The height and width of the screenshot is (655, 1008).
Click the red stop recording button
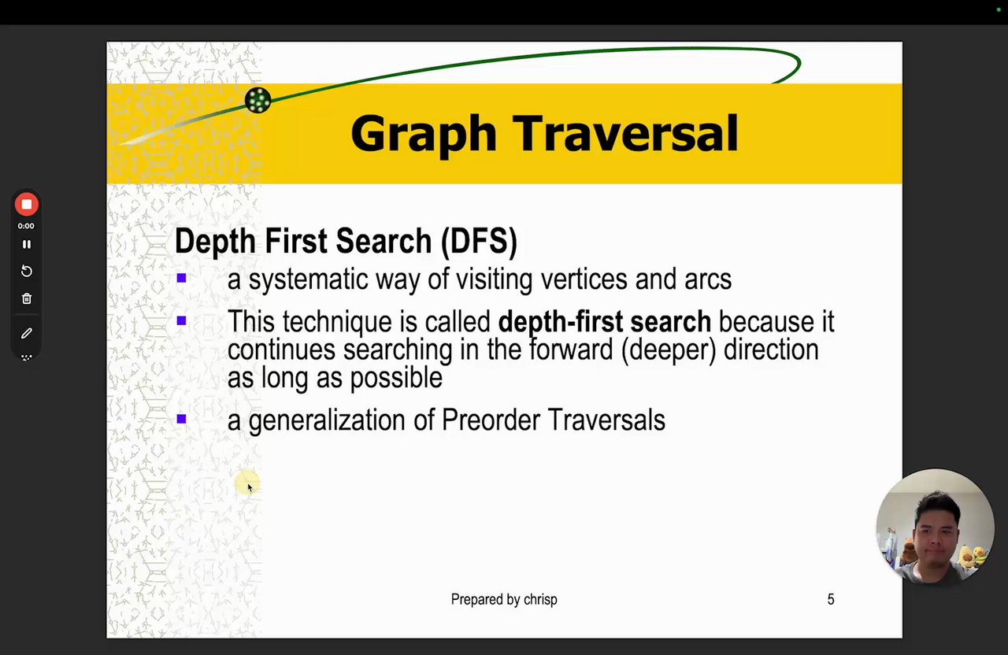27,204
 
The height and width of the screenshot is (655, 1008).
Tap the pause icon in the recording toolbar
27,244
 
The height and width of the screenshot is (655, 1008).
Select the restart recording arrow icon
27,271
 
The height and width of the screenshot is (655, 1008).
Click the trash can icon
27,298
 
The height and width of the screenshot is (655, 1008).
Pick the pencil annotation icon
27,333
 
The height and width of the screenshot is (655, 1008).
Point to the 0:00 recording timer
26,226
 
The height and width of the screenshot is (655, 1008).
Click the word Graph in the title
424,134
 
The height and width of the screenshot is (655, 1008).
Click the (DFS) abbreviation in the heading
480,242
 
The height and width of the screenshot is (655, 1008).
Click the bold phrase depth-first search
604,322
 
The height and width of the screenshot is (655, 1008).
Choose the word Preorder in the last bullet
491,420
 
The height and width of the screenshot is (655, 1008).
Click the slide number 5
831,599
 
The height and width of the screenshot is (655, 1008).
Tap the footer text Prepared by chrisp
504,600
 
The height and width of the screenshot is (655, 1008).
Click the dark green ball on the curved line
258,100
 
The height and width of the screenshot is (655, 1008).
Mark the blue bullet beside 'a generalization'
181,419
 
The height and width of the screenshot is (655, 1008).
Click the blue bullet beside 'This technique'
181,320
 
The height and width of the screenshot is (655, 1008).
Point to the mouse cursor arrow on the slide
250,487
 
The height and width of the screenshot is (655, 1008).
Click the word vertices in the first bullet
584,279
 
